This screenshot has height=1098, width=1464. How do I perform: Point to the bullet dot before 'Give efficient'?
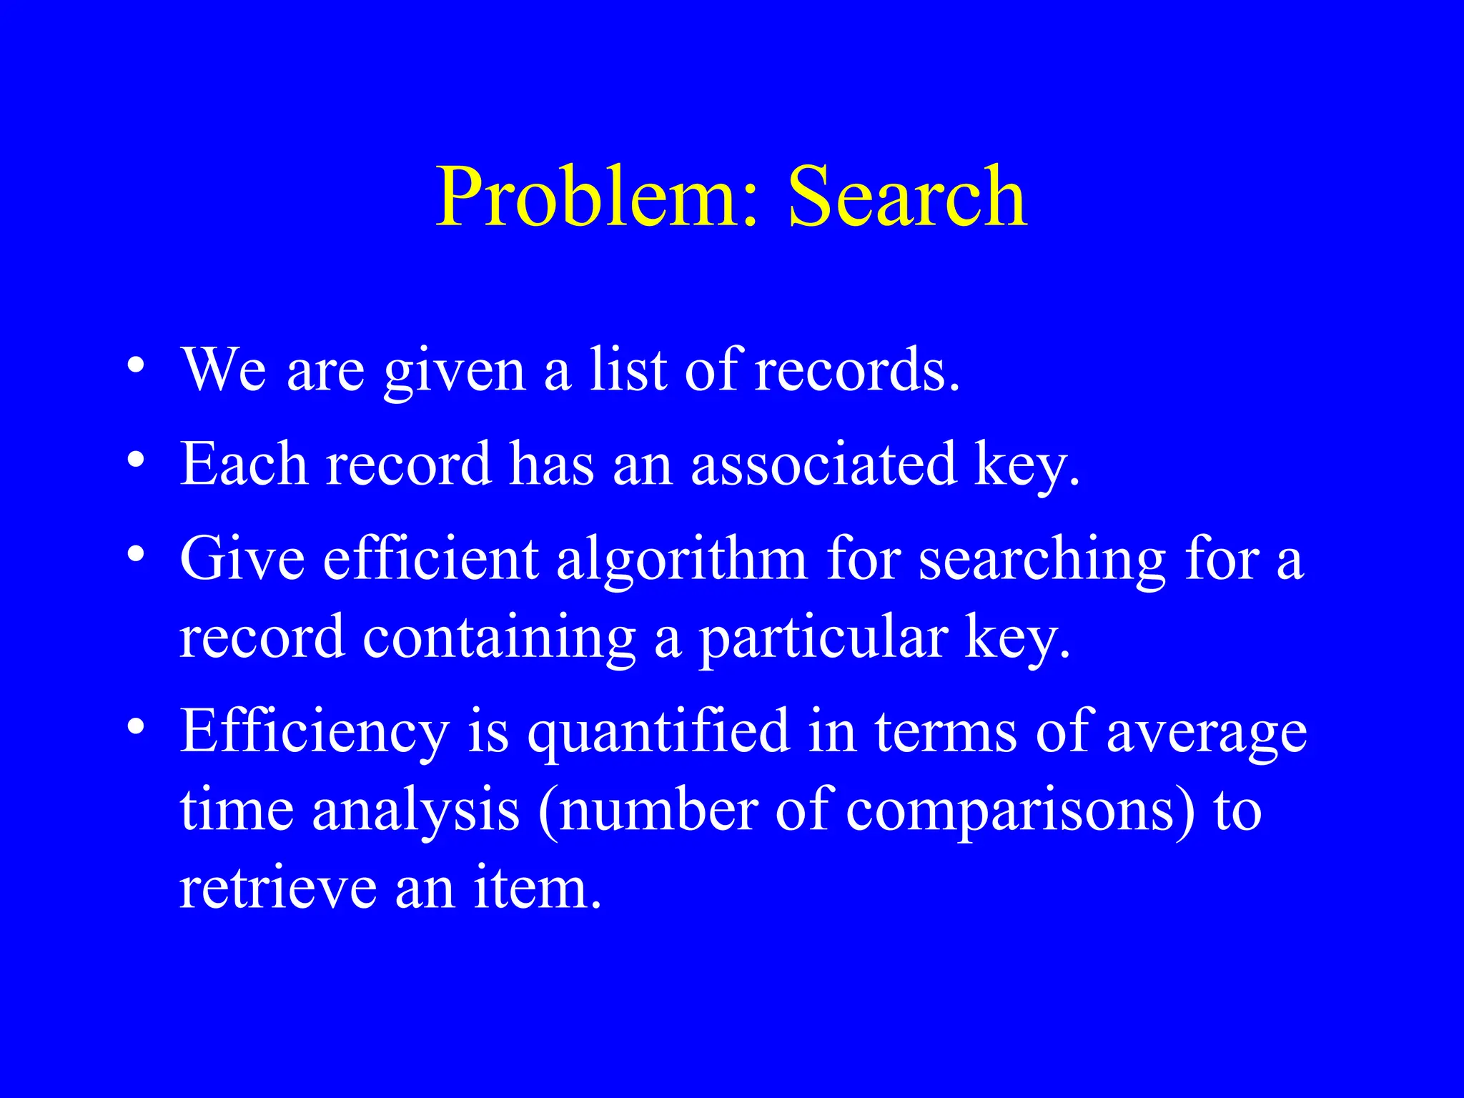[x=135, y=555]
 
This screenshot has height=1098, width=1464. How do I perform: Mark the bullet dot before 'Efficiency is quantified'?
[x=135, y=728]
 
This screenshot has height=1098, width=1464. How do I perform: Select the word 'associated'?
[x=823, y=464]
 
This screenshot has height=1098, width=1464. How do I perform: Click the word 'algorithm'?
[x=681, y=562]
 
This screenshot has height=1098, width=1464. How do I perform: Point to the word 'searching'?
[x=1042, y=562]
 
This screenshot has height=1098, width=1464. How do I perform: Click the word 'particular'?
[x=823, y=639]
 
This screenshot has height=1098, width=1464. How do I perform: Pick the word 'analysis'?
[x=415, y=813]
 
